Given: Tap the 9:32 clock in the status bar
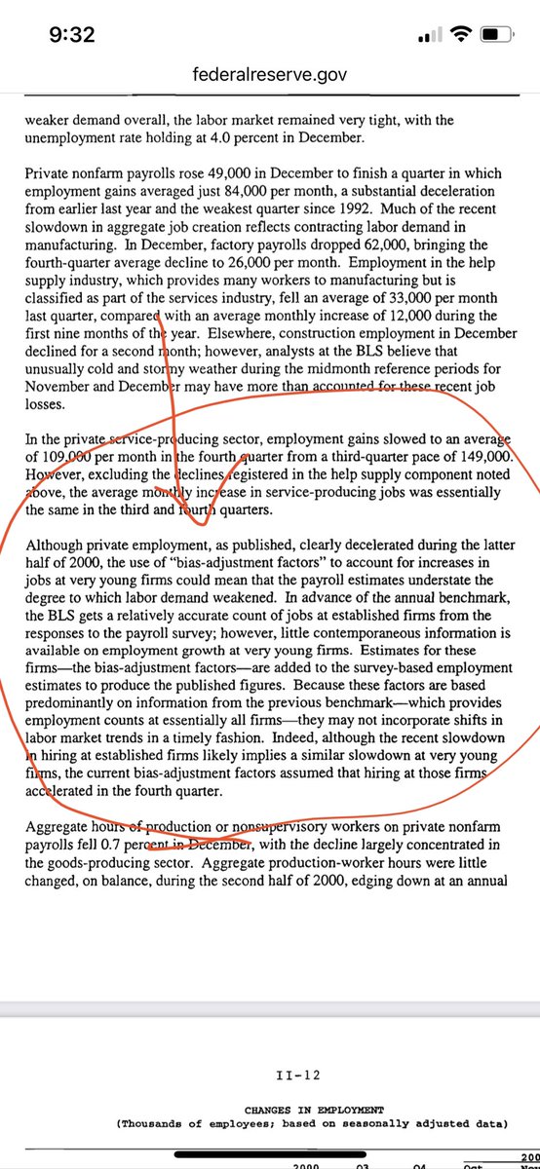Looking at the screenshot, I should point(72,35).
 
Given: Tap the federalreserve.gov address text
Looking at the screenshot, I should point(270,74).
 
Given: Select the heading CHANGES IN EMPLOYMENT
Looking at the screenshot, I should point(314,1110).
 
